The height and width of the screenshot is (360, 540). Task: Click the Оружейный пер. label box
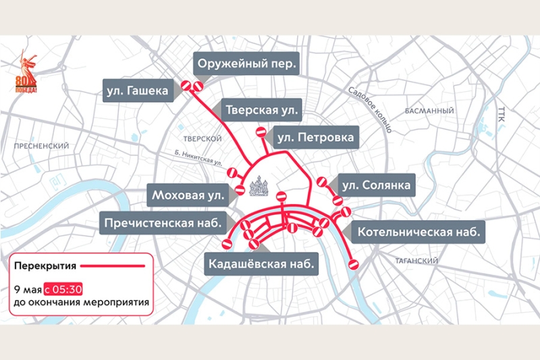tap(246, 66)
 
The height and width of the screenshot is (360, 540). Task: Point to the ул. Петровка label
tap(315, 138)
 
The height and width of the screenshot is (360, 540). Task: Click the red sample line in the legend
tap(115, 265)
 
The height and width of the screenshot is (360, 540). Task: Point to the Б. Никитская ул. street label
tap(197, 158)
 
